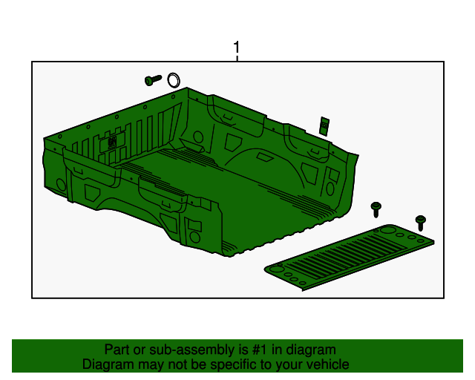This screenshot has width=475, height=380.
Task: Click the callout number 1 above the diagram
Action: click(x=237, y=49)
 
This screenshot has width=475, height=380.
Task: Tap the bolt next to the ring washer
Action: click(x=153, y=80)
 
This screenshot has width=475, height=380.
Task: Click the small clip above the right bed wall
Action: click(x=324, y=125)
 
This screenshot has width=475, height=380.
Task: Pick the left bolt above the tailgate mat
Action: click(x=377, y=209)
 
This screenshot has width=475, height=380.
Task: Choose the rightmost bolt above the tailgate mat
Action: click(x=421, y=222)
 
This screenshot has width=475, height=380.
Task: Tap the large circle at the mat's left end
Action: click(x=277, y=269)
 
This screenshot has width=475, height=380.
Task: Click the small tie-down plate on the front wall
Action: click(x=112, y=141)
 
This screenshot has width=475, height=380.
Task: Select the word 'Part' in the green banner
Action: click(x=118, y=350)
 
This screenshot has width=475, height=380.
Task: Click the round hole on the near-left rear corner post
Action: click(x=194, y=237)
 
